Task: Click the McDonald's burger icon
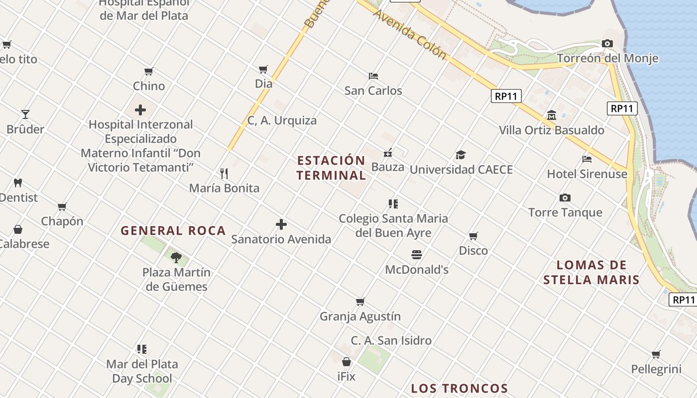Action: (417, 255)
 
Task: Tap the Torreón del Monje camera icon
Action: (607, 44)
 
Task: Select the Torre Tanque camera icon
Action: (565, 198)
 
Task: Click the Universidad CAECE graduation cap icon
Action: (461, 155)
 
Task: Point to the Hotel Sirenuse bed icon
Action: (587, 159)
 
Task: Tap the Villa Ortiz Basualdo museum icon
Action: (551, 115)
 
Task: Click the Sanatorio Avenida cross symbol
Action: (281, 224)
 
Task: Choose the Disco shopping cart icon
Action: (473, 236)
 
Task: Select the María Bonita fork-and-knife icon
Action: (224, 173)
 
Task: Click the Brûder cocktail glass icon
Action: (25, 114)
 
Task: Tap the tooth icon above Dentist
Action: (18, 183)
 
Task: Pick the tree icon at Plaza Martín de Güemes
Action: (176, 257)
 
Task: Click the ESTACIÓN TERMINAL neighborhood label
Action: (331, 168)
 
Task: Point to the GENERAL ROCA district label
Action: (173, 231)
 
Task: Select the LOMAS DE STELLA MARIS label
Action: (591, 272)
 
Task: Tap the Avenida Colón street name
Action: (409, 34)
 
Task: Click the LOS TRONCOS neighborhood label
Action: (459, 389)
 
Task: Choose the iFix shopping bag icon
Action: (347, 362)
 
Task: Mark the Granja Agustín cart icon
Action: (360, 301)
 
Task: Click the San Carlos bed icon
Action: (373, 76)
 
